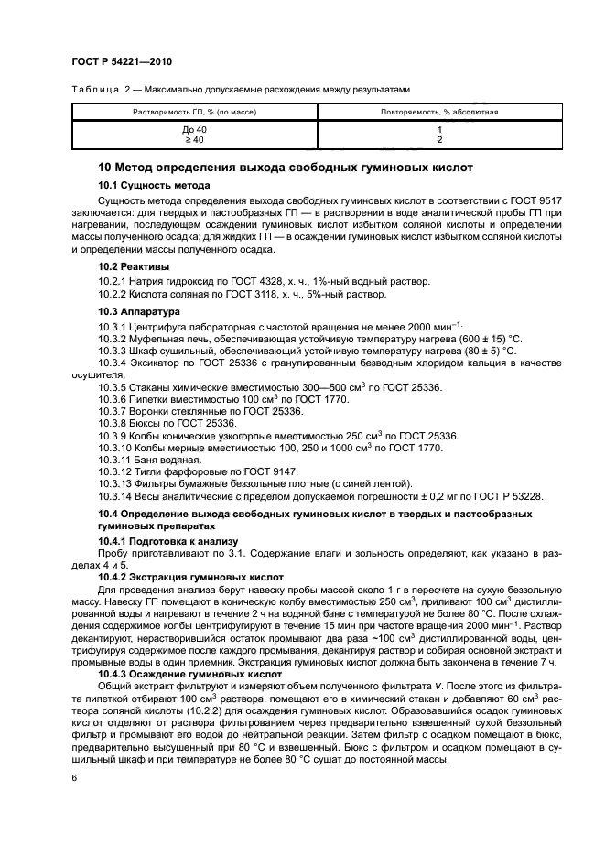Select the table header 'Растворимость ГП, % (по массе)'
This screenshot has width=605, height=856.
tap(194, 112)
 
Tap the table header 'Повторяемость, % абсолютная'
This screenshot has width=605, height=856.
tap(439, 112)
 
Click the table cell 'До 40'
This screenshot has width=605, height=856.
tap(194, 130)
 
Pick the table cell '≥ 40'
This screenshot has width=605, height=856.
tap(194, 140)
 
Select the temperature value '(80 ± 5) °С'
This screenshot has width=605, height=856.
tap(487, 351)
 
